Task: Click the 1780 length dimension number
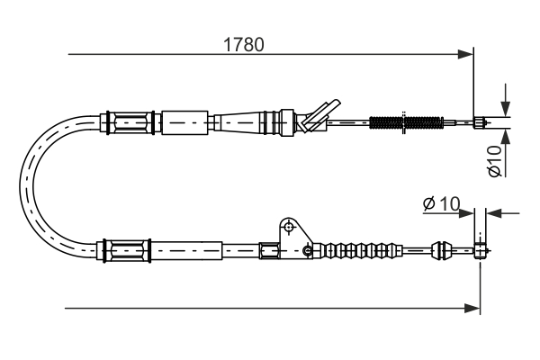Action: pyautogui.click(x=243, y=43)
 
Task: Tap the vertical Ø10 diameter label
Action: pyautogui.click(x=494, y=159)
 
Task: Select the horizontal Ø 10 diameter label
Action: pyautogui.click(x=440, y=205)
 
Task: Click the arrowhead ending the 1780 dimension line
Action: pyautogui.click(x=465, y=55)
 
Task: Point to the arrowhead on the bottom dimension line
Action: pyautogui.click(x=472, y=308)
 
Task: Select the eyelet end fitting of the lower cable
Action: pyautogui.click(x=481, y=248)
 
